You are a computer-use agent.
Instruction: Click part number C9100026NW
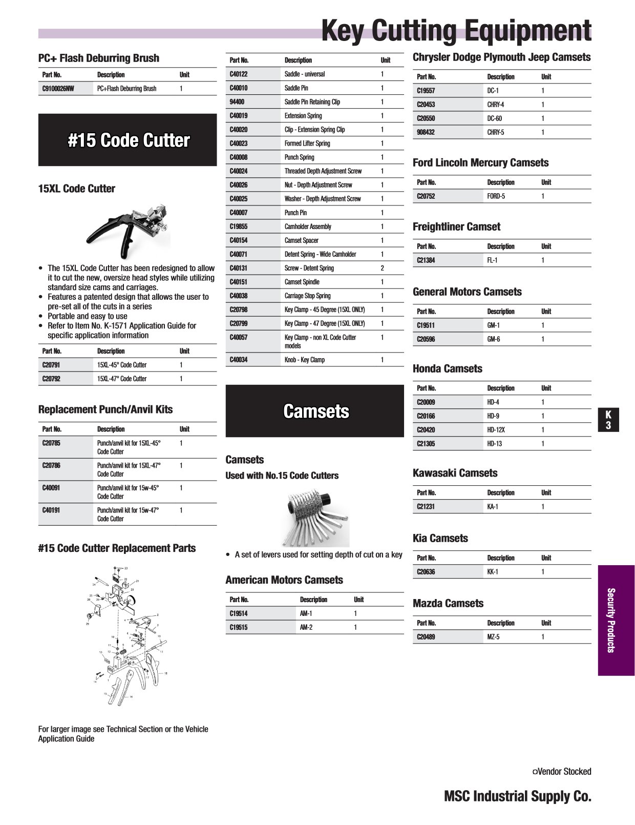click(x=58, y=89)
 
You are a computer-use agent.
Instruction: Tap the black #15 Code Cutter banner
click(x=128, y=140)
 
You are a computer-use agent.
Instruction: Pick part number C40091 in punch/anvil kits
click(x=51, y=488)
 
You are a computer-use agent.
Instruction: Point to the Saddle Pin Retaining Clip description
click(x=312, y=102)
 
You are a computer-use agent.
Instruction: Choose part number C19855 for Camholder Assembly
click(x=238, y=226)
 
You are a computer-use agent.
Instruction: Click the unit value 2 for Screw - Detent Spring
click(x=382, y=268)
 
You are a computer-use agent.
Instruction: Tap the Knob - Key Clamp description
click(x=304, y=360)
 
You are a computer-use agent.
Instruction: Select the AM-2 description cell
click(x=306, y=627)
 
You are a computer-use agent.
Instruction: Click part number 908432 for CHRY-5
click(x=426, y=132)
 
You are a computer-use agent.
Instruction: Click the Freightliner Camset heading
click(x=456, y=226)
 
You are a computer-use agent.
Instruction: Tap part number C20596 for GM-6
click(x=426, y=339)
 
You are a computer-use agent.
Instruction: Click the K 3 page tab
click(x=608, y=420)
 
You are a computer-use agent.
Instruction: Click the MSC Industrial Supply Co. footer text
click(x=517, y=796)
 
